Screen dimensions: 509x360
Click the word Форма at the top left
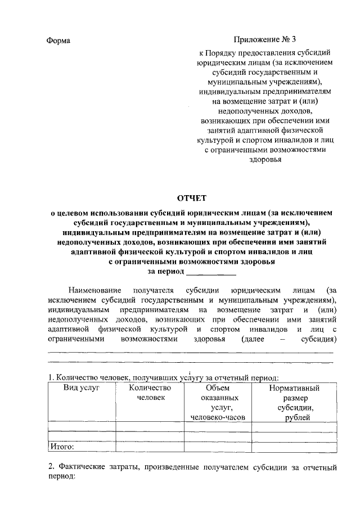(58, 40)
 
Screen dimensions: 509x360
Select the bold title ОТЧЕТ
(192, 197)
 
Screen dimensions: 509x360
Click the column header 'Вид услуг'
(81, 388)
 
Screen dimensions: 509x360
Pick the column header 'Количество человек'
(148, 393)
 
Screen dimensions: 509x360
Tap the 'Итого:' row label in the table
(62, 447)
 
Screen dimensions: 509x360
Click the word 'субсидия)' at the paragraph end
(318, 340)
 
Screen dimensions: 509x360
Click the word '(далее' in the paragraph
(252, 340)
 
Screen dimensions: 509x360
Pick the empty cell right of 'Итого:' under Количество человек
(148, 447)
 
